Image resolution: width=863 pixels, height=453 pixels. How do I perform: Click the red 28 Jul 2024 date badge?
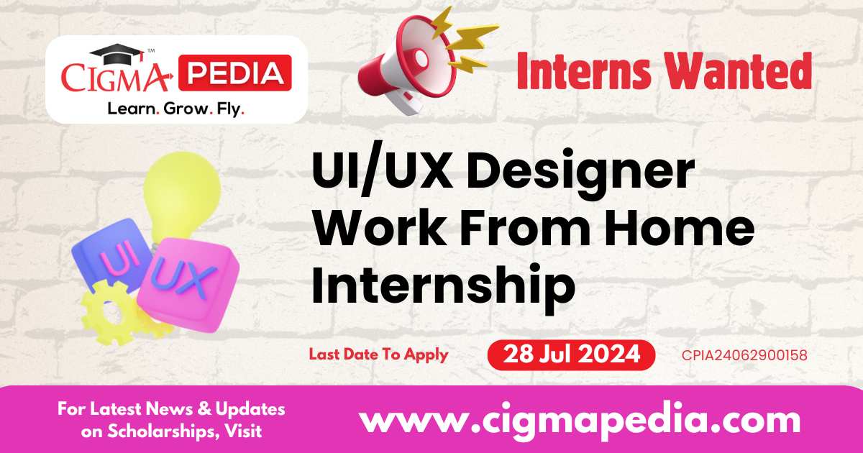click(x=571, y=354)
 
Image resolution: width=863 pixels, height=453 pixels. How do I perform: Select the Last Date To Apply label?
click(x=378, y=354)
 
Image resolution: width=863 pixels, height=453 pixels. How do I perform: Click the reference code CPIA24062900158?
click(x=745, y=354)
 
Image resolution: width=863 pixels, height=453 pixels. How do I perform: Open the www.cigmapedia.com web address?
click(x=580, y=418)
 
